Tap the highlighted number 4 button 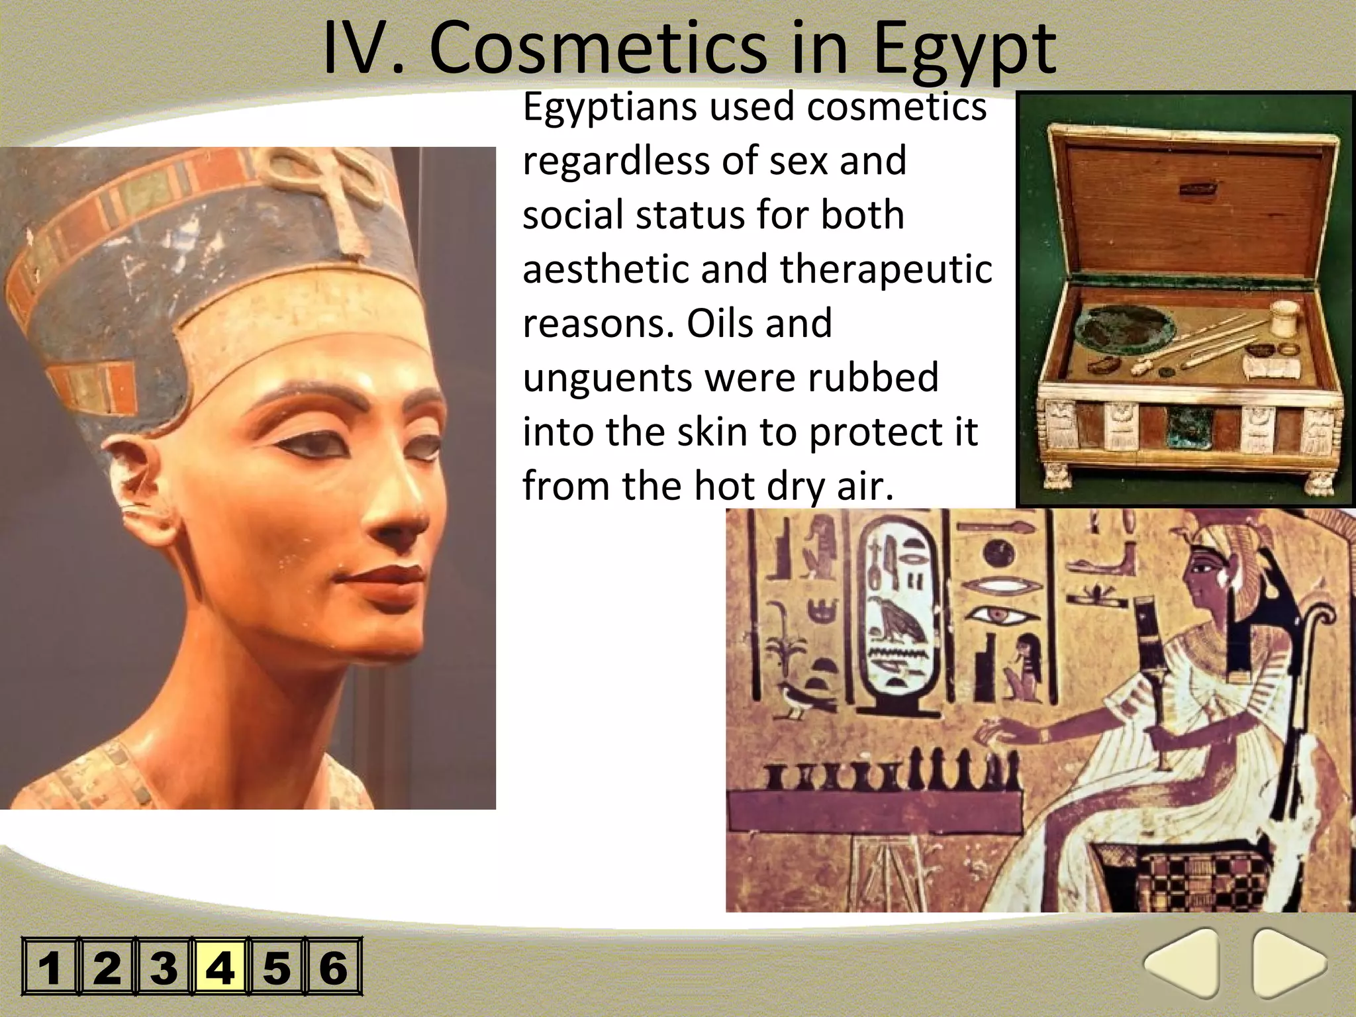point(220,966)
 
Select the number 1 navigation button point(50,966)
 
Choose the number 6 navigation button point(333,966)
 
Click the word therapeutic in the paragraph point(886,269)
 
